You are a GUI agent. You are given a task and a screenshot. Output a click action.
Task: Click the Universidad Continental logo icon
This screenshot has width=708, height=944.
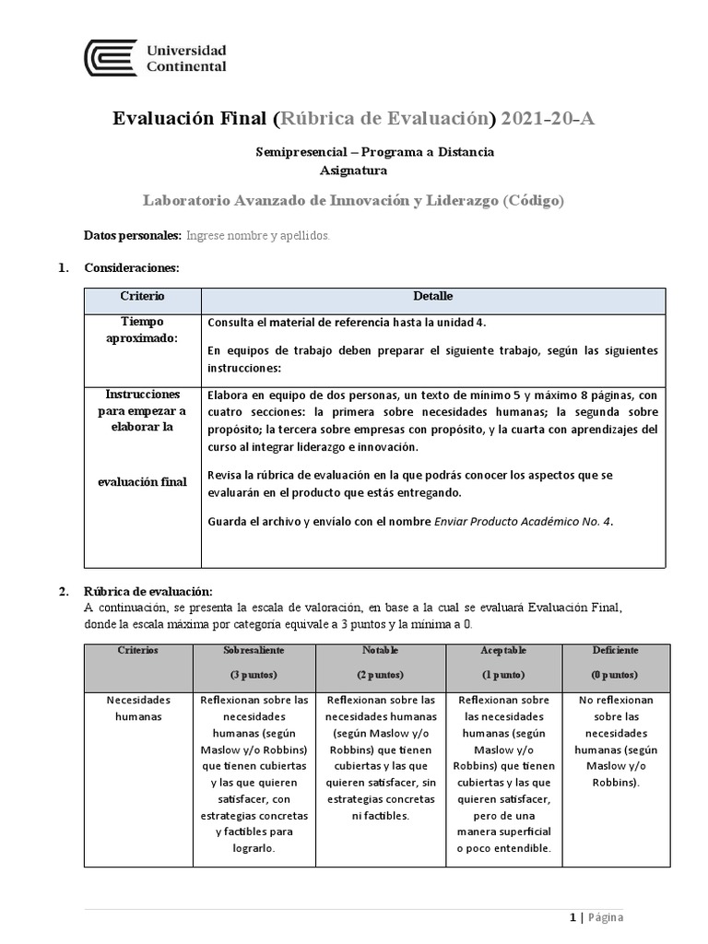pos(111,58)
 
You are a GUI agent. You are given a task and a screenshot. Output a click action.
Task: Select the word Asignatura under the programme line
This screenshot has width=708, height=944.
pos(353,170)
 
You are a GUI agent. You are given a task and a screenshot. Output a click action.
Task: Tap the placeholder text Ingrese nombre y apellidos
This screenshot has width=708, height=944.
pos(258,236)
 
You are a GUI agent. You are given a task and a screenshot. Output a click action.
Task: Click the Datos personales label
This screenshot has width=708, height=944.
pos(133,236)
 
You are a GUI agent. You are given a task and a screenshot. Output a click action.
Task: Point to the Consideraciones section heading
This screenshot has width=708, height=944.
pos(131,268)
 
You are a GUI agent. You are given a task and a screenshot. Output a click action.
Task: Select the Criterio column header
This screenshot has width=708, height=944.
pos(142,297)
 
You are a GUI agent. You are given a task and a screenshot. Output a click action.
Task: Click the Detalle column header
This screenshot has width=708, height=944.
pos(432,297)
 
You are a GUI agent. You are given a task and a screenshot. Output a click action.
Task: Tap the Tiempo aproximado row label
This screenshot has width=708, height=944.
pos(142,330)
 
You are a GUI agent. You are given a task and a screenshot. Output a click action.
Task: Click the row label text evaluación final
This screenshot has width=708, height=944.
pos(142,481)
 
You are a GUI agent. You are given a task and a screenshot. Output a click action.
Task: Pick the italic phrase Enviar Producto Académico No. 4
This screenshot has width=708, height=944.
pos(523,521)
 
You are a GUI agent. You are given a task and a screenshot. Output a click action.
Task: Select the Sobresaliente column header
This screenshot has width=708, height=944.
pos(254,651)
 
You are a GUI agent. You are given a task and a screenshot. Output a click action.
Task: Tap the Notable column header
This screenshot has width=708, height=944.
pos(380,651)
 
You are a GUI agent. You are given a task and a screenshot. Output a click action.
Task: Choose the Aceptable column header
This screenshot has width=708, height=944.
pos(503,651)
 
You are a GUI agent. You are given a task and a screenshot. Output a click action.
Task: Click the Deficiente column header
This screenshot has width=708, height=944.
pos(616,651)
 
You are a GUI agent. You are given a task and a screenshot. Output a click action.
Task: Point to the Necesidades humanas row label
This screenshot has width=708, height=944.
pos(138,707)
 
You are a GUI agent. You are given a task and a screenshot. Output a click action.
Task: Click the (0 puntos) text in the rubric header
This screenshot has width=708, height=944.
pos(616,675)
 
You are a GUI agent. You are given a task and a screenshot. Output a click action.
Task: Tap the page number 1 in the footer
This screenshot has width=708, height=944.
pos(572,917)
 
